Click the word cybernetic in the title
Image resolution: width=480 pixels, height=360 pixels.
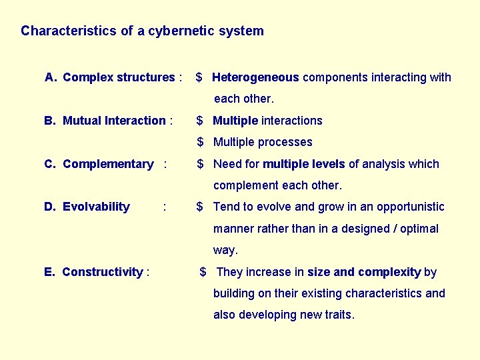[179, 31]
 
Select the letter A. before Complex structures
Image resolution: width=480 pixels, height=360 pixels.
[51, 77]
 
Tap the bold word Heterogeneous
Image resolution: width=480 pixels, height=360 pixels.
[255, 77]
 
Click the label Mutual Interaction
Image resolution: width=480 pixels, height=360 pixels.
[114, 121]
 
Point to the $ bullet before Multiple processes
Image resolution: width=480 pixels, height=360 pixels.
[200, 142]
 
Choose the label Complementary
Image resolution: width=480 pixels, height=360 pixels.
[108, 164]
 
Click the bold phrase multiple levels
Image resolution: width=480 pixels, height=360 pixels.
[304, 164]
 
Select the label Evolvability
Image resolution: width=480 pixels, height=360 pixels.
[96, 207]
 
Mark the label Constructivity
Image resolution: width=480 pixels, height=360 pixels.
[102, 272]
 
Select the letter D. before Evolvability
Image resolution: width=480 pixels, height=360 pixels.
[50, 207]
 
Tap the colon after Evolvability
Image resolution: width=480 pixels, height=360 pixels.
[165, 207]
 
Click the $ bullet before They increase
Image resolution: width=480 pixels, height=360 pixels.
[203, 272]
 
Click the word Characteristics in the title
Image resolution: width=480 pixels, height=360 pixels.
[70, 31]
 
